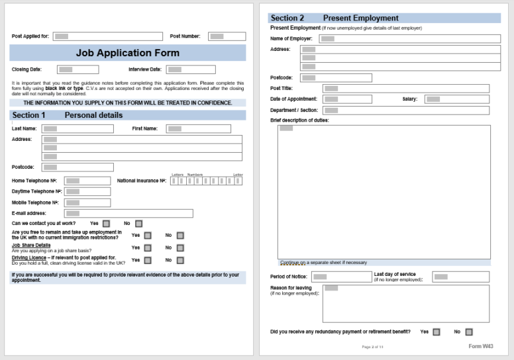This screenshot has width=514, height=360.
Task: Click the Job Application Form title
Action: [127, 53]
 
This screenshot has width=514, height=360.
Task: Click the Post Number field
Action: [227, 36]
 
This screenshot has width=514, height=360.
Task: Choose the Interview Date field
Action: [190, 69]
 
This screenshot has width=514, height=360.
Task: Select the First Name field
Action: [198, 129]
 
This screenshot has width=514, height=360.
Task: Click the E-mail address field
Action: [128, 214]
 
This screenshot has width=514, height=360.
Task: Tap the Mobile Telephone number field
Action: [87, 202]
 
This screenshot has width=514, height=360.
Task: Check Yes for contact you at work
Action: [106, 224]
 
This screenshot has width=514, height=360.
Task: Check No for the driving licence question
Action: [180, 260]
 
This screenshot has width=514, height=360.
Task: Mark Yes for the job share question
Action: [148, 247]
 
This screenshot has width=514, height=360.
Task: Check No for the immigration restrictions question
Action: [180, 235]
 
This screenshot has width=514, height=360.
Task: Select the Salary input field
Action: [456, 99]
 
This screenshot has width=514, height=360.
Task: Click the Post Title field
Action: [405, 89]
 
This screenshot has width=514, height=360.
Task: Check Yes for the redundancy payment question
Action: [435, 332]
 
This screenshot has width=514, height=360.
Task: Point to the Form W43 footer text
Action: [480, 346]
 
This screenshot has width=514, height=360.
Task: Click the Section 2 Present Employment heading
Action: [334, 18]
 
